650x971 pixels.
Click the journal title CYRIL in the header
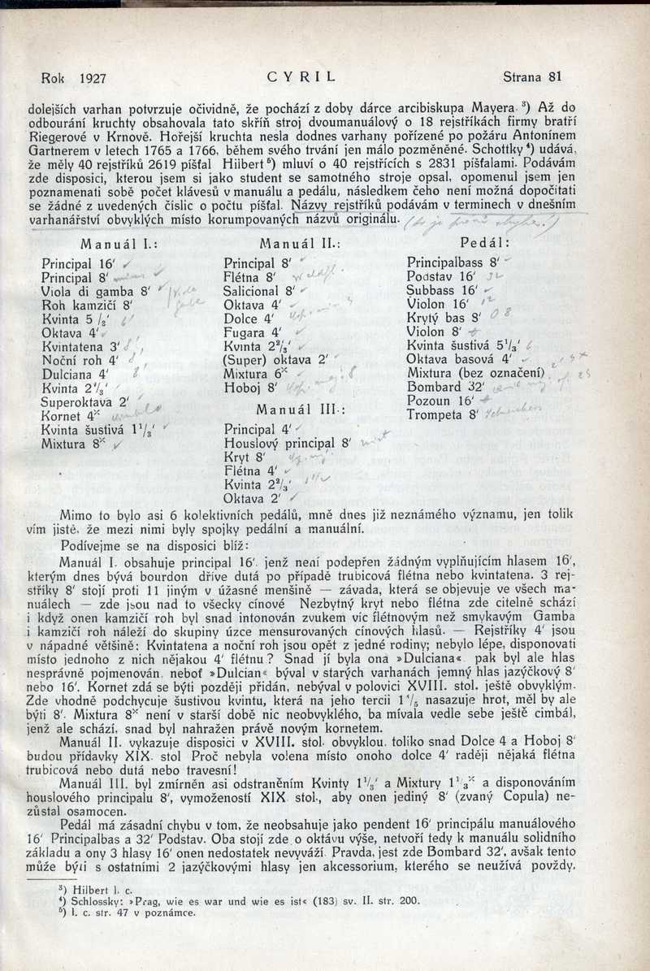pos(301,79)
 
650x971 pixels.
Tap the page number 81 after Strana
pos(555,78)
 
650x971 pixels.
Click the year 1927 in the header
pos(95,79)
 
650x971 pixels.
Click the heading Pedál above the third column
pos(485,243)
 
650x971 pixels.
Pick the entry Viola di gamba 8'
pos(93,292)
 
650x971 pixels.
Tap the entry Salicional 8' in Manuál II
pos(258,291)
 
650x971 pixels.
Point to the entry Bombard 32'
pos(444,387)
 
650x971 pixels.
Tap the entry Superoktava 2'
pos(85,401)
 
